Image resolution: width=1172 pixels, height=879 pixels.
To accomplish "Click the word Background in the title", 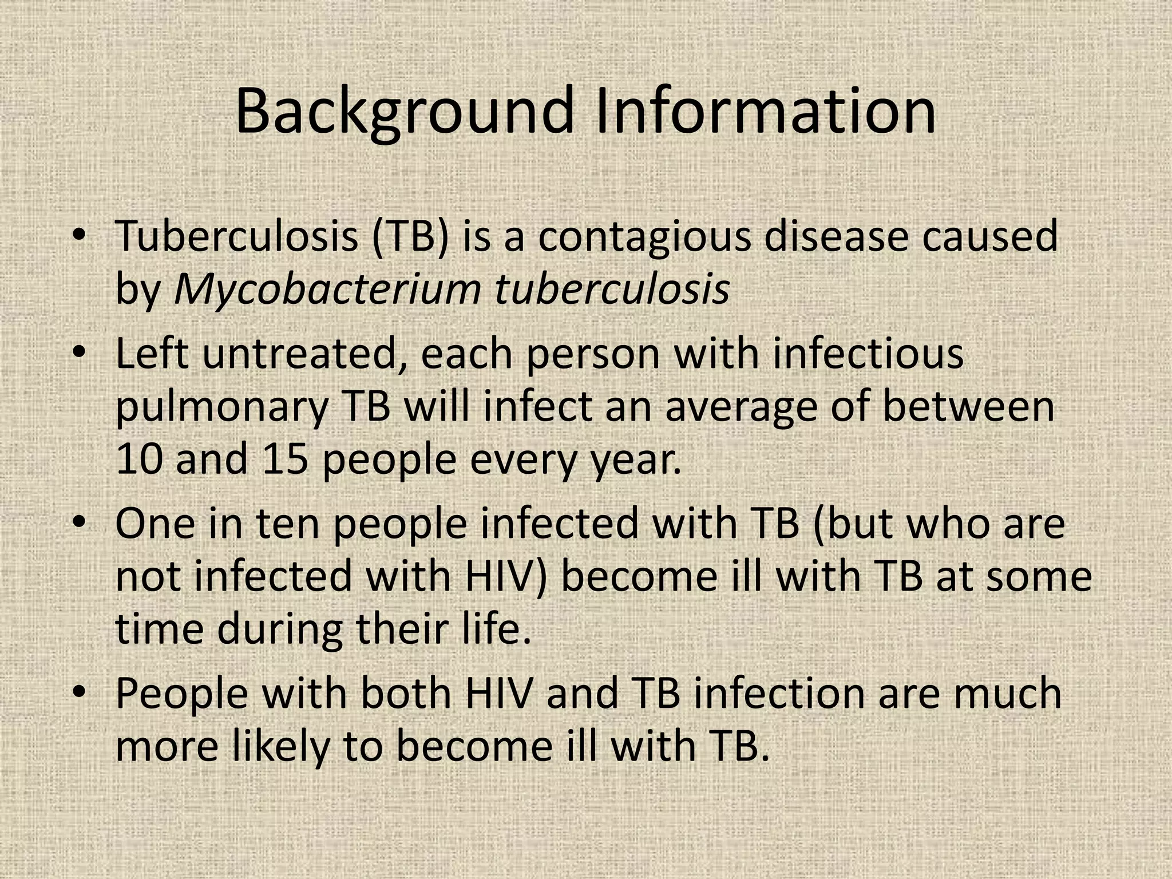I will coord(404,111).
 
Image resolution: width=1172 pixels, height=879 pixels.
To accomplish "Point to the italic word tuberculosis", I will coord(612,288).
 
